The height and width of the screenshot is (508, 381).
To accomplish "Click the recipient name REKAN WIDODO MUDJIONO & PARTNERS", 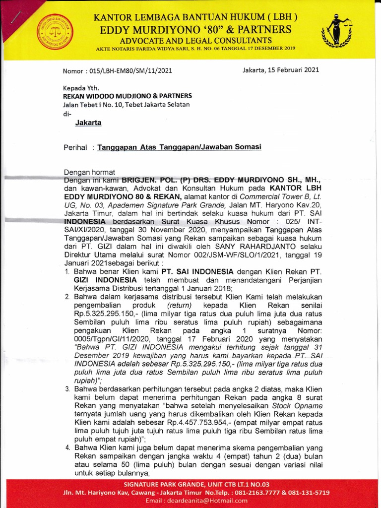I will click(127, 96).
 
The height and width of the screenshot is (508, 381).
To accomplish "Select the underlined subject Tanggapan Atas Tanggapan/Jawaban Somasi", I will click(179, 147).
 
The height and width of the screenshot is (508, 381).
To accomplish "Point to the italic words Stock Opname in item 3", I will click(297, 405).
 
